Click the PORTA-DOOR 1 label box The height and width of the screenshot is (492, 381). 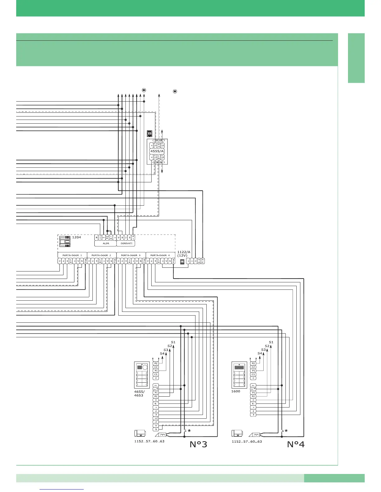[x=72, y=255]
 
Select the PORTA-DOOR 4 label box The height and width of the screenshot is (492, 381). [x=160, y=255]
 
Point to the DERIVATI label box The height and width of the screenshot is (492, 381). [x=126, y=244]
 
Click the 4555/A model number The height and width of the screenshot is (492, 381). [x=157, y=151]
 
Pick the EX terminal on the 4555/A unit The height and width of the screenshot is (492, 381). [x=159, y=145]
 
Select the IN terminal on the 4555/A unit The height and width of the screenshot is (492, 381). [x=159, y=157]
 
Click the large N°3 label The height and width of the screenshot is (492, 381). [x=199, y=444]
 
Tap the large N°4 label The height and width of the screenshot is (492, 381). [x=296, y=444]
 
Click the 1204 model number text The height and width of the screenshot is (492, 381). [x=77, y=237]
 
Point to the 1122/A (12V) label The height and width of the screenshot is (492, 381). [x=184, y=253]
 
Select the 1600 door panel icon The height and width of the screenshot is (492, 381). [x=239, y=375]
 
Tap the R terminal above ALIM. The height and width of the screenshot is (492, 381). [x=96, y=238]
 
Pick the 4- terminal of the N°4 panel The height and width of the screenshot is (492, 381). [x=253, y=404]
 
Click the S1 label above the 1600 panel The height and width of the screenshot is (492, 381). [x=271, y=342]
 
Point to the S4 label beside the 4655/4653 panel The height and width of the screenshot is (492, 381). [x=162, y=353]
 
